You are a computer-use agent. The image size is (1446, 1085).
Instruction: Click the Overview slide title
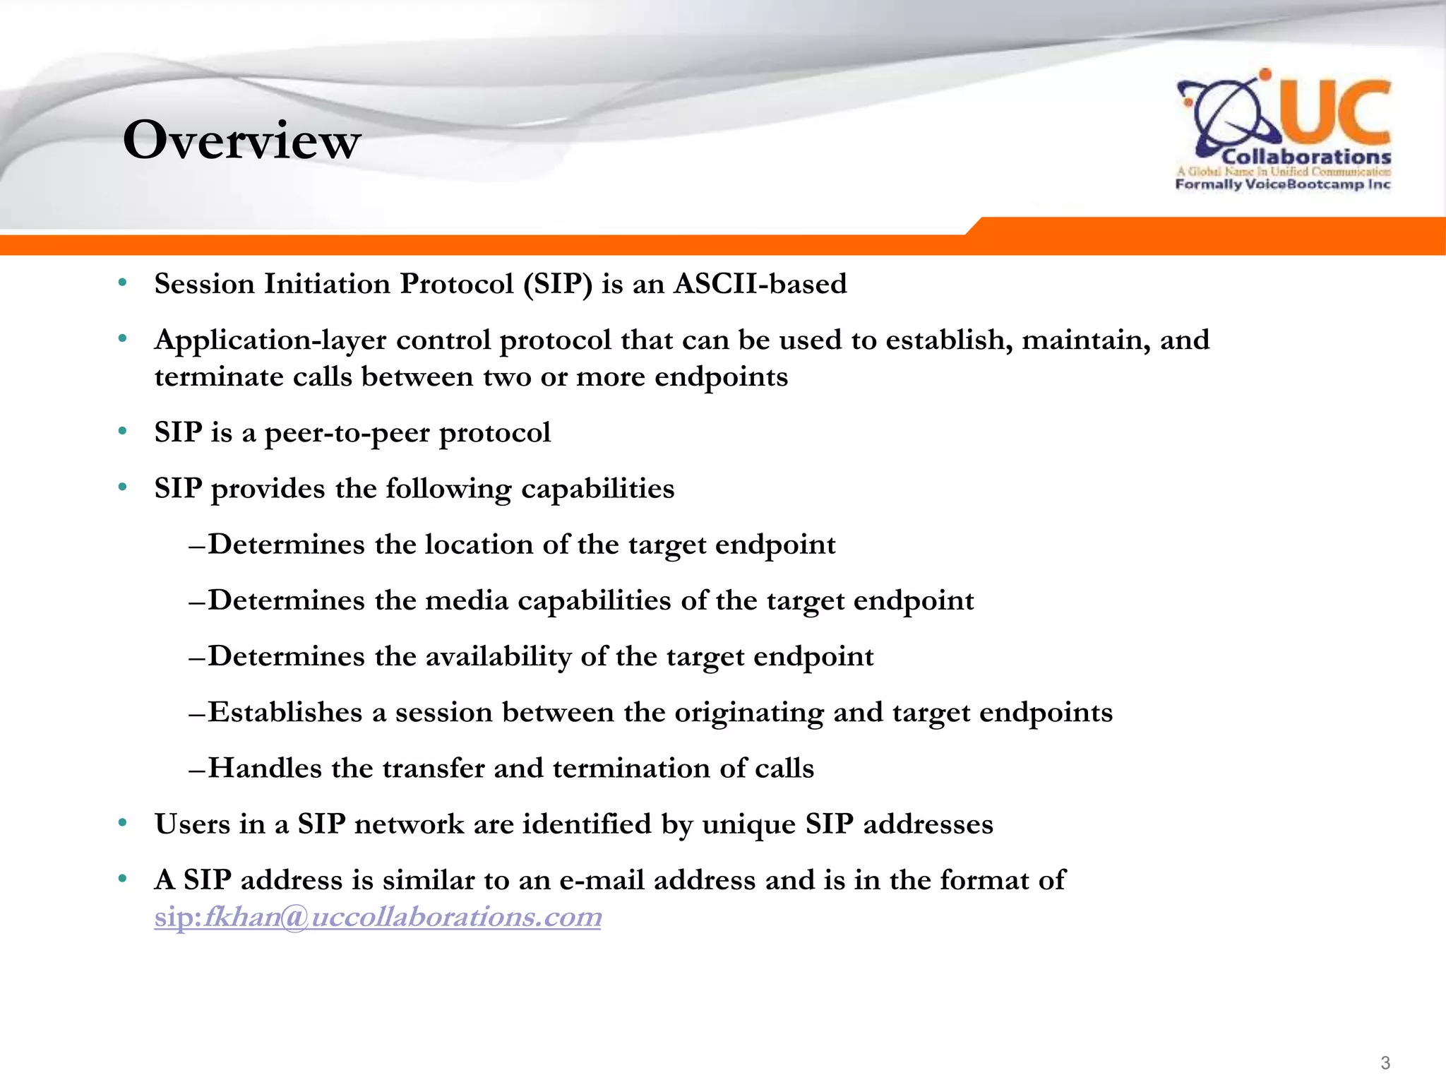241,140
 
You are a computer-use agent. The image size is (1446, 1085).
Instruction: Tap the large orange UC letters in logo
1334,113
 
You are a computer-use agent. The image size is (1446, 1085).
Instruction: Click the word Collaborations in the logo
1305,157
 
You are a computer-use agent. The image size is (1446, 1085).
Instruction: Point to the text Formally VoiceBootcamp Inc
1282,184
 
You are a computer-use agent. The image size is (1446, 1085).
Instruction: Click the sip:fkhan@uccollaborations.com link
378,917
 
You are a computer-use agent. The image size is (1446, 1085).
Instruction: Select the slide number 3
1385,1062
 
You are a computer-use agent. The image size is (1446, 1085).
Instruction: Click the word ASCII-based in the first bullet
760,284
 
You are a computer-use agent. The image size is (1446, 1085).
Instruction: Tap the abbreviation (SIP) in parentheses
557,284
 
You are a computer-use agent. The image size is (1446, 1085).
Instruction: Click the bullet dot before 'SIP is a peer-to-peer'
123,431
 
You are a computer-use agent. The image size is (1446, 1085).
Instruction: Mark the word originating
748,712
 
